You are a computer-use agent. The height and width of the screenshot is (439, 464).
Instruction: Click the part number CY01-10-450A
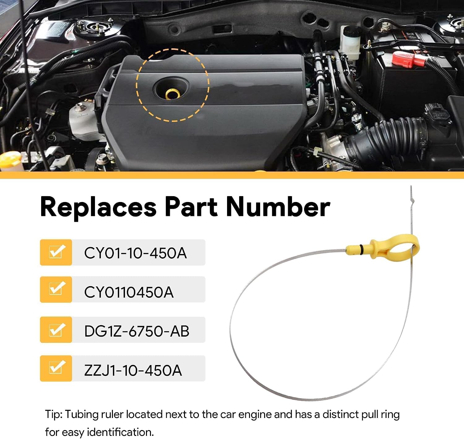pyautogui.click(x=135, y=253)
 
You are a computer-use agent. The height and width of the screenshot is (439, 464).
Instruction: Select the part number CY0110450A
pyautogui.click(x=129, y=292)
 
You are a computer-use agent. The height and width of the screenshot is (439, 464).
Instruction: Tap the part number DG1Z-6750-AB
pyautogui.click(x=137, y=331)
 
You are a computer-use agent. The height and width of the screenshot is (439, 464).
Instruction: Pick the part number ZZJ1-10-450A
pyautogui.click(x=133, y=370)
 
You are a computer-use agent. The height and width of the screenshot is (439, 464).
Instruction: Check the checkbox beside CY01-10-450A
pyautogui.click(x=56, y=252)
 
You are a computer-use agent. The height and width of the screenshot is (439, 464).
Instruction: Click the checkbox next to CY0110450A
pyautogui.click(x=56, y=289)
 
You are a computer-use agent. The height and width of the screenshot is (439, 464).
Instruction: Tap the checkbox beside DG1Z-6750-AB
pyautogui.click(x=56, y=329)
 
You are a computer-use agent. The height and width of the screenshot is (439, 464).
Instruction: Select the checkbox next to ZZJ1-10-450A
pyautogui.click(x=56, y=368)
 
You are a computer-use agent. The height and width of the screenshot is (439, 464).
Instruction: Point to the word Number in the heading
pyautogui.click(x=278, y=207)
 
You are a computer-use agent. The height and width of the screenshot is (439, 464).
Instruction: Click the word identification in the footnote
pyautogui.click(x=120, y=433)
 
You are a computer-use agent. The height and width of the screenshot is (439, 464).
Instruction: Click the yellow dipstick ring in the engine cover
pyautogui.click(x=173, y=94)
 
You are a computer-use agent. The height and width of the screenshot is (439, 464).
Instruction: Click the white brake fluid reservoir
pyautogui.click(x=350, y=42)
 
